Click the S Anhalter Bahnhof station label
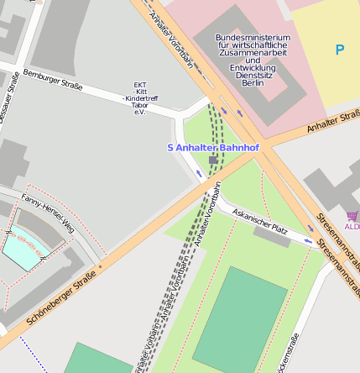(x=212, y=148)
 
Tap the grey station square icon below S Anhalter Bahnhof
(x=213, y=159)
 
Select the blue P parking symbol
(x=339, y=50)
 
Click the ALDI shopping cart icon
(x=352, y=216)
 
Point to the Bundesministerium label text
(x=253, y=38)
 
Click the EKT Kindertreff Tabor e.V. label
(x=140, y=97)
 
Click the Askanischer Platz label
(x=260, y=220)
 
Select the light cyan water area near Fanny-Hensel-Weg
(x=22, y=250)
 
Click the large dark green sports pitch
(x=242, y=323)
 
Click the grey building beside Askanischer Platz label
(x=272, y=237)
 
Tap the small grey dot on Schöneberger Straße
(x=100, y=267)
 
